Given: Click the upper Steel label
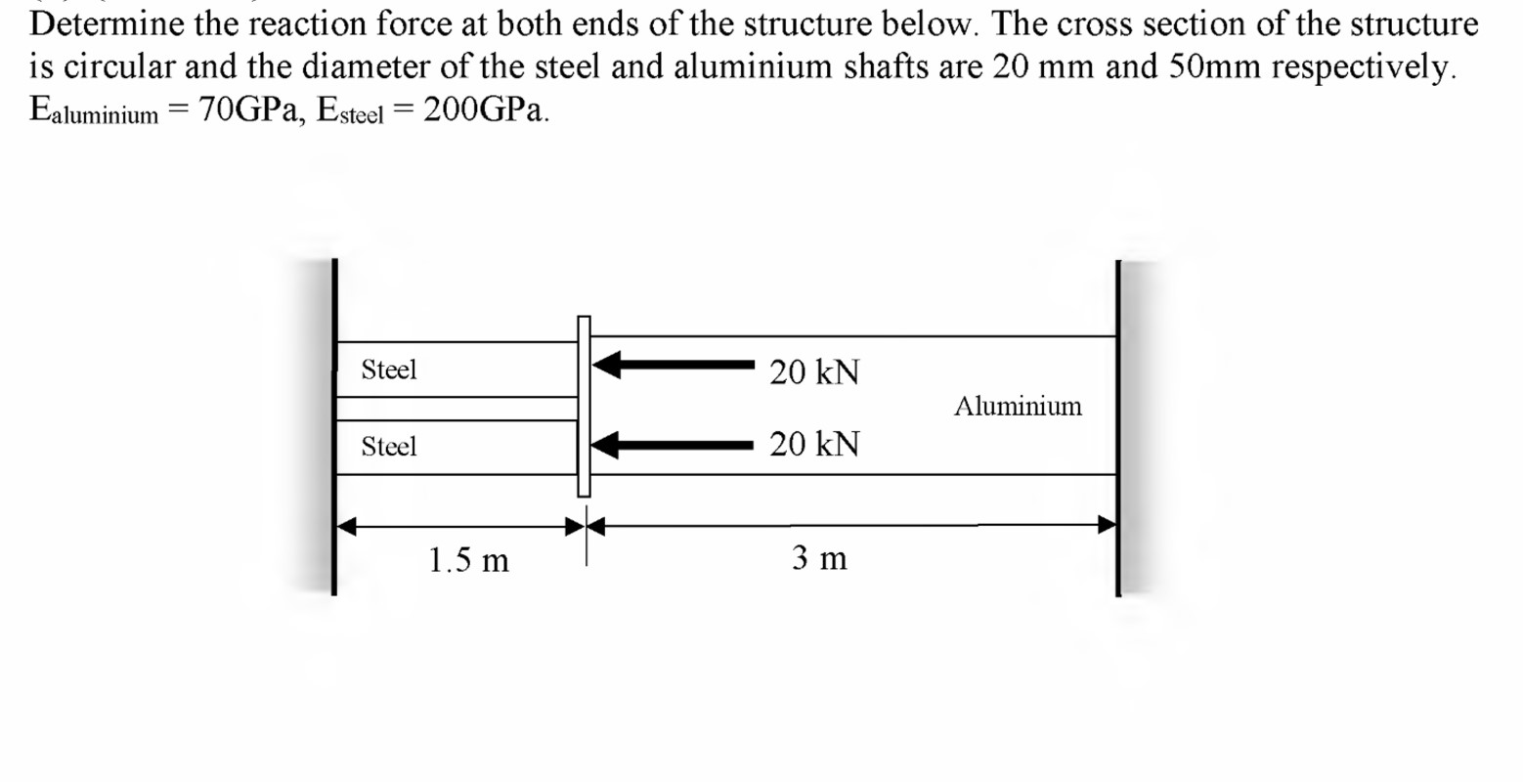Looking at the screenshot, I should (x=388, y=369).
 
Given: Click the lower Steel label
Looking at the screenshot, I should (x=388, y=447).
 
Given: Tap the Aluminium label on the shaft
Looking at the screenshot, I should (x=1018, y=406).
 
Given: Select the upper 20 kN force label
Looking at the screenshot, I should (x=813, y=372).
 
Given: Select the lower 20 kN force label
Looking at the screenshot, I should (x=813, y=445).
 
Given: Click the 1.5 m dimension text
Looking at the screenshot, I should (x=468, y=560).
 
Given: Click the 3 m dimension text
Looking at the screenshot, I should (x=819, y=558).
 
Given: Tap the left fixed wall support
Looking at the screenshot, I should (x=332, y=426).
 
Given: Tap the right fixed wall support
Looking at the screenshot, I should (x=1119, y=426).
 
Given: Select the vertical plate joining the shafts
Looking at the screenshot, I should (x=584, y=407).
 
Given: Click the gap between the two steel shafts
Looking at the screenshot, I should (x=456, y=409).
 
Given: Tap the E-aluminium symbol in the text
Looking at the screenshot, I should (x=93, y=111).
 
